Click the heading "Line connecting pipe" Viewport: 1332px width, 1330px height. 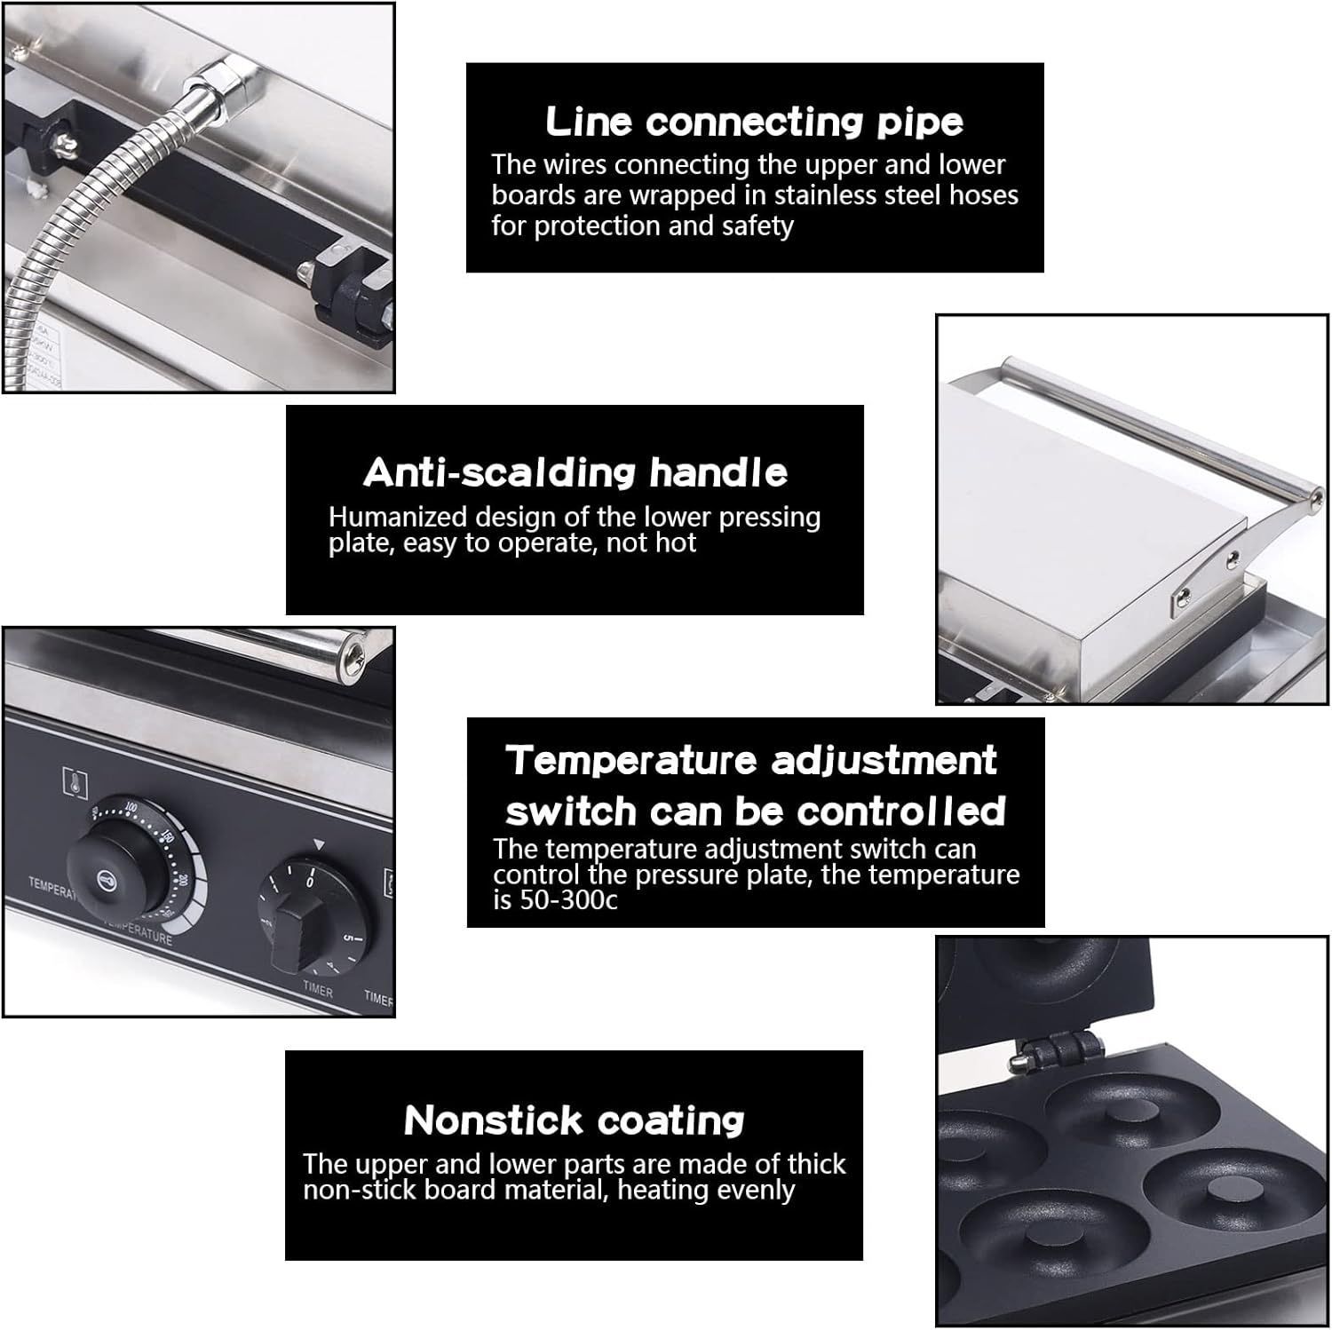pyautogui.click(x=754, y=122)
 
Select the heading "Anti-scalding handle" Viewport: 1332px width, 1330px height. pyautogui.click(x=575, y=472)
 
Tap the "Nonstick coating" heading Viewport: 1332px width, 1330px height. pyautogui.click(x=574, y=1120)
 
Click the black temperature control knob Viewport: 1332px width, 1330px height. pyautogui.click(x=109, y=874)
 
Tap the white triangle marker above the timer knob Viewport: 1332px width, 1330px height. pyautogui.click(x=319, y=845)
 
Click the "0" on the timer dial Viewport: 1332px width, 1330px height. pyautogui.click(x=310, y=883)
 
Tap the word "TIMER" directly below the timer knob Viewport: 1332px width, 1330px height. pyautogui.click(x=317, y=991)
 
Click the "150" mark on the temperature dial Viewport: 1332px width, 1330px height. pyautogui.click(x=166, y=835)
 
